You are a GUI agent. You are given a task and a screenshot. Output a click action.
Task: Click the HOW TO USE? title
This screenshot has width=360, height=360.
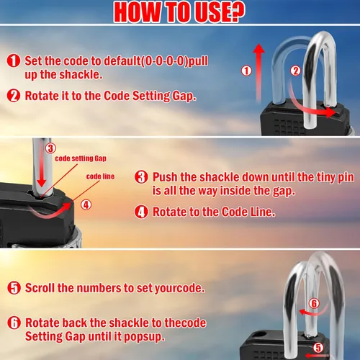click(x=179, y=12)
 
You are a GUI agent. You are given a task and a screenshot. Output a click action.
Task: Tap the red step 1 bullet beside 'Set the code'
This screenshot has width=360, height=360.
click(x=14, y=60)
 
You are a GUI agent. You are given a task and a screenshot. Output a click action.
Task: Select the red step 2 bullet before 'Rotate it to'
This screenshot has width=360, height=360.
click(x=14, y=96)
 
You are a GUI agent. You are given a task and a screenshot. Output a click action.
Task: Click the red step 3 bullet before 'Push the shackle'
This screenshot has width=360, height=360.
click(x=141, y=177)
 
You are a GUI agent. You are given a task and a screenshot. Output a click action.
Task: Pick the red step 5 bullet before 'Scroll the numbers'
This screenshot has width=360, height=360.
click(x=14, y=288)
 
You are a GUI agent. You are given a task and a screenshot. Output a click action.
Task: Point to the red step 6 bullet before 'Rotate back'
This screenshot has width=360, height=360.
click(x=14, y=323)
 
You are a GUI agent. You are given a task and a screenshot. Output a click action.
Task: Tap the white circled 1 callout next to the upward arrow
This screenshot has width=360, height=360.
click(x=246, y=71)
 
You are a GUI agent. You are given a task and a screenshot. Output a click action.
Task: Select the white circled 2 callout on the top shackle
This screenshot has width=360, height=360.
click(x=295, y=71)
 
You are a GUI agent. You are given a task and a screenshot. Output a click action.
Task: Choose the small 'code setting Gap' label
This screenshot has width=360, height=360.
click(x=81, y=158)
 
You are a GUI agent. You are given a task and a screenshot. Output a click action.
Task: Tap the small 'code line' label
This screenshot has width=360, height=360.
click(x=100, y=176)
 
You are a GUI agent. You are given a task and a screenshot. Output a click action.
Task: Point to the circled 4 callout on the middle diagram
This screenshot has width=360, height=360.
click(x=86, y=204)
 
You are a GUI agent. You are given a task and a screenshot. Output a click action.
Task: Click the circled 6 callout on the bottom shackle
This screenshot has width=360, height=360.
click(x=314, y=303)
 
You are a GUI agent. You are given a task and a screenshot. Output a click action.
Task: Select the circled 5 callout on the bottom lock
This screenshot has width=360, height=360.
click(x=318, y=348)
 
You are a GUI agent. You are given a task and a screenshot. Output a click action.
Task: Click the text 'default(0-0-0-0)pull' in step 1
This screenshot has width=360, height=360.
click(x=156, y=61)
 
